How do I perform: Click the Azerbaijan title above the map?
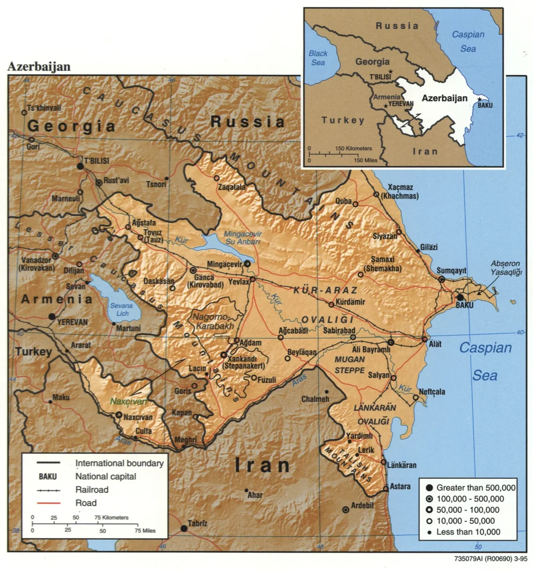(x=39, y=66)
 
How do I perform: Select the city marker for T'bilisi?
(x=80, y=166)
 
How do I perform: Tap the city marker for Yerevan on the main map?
(x=51, y=316)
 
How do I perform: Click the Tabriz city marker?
(x=184, y=528)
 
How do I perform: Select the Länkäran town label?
(x=402, y=465)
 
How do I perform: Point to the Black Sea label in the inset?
(x=318, y=58)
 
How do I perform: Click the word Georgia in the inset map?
(x=372, y=62)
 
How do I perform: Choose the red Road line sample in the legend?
(x=48, y=503)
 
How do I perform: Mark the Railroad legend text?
(x=92, y=490)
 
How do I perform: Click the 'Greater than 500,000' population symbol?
(x=429, y=487)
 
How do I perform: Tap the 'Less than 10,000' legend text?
(x=468, y=532)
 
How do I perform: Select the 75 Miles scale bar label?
(x=146, y=531)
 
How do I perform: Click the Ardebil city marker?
(x=345, y=510)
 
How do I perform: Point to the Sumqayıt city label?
(x=451, y=270)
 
